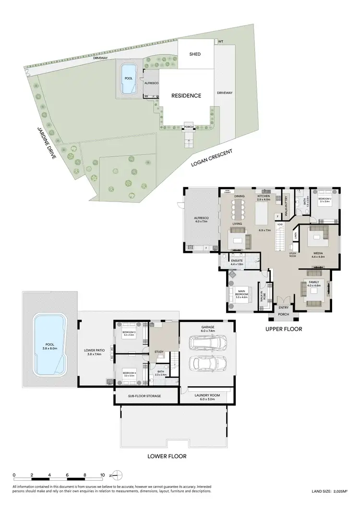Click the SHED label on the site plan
[195, 54]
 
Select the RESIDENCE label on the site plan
[186, 95]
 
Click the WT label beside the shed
[220, 42]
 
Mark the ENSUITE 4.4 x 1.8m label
[237, 262]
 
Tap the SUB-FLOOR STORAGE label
[144, 396]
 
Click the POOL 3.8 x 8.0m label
[48, 349]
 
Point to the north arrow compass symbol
[117, 475]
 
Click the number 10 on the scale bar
[102, 475]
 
